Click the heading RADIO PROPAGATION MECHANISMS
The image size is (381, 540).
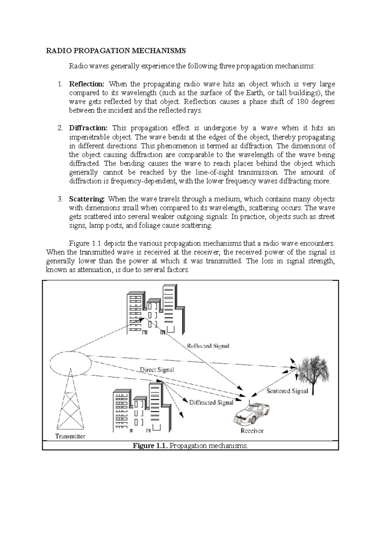[x=116, y=51]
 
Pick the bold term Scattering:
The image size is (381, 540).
[x=87, y=199]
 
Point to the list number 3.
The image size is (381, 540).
[x=60, y=199]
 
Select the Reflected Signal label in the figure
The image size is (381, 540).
[x=208, y=346]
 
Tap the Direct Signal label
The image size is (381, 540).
[x=157, y=370]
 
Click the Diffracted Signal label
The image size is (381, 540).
[x=211, y=403]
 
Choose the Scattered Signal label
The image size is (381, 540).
[x=287, y=391]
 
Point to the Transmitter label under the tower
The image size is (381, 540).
[x=70, y=436]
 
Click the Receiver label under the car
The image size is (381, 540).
[x=252, y=431]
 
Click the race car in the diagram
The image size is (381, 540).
[x=252, y=413]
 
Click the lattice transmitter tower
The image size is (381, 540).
[x=70, y=404]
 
